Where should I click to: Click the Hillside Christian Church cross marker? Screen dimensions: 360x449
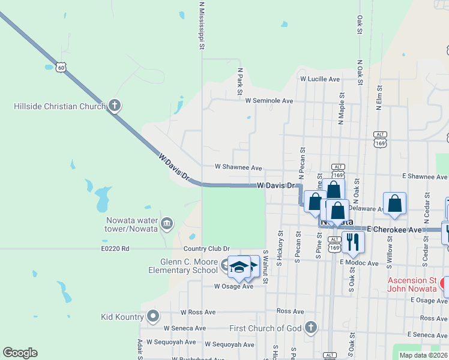coord(115,106)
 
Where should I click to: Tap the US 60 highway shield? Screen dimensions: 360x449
coord(61,68)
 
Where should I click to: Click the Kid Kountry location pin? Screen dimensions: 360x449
coord(153,316)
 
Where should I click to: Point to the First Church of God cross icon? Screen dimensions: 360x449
coord(310,328)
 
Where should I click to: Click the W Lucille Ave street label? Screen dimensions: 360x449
coord(320,79)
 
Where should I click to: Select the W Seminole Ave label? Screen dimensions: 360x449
coord(269,101)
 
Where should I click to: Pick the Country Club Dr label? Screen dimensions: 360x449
coord(206,248)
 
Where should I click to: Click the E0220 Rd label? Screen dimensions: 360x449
coord(115,248)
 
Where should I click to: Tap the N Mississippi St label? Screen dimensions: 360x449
coord(202,25)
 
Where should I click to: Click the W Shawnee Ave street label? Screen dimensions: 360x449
coord(238,167)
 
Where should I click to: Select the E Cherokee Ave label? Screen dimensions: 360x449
coord(394,230)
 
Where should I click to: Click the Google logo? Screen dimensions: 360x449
coord(20,353)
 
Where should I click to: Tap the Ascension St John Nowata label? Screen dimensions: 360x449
coord(412,284)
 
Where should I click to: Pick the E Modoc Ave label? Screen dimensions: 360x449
coord(359,263)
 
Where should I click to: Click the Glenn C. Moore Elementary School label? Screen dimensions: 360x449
coord(188,266)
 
